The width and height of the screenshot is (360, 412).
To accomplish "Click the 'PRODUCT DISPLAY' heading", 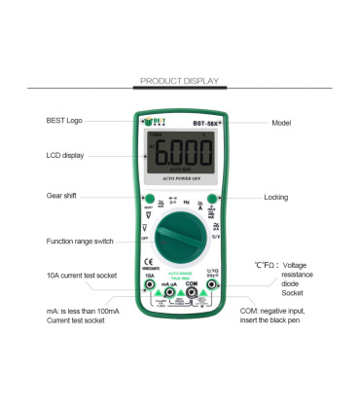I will coord(180,81).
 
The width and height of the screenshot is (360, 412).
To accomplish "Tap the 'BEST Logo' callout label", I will coord(64,120).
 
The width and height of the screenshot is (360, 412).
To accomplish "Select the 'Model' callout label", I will coord(281,123).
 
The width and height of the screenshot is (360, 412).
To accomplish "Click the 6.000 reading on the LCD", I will coord(181,156).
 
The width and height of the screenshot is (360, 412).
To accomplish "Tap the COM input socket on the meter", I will coord(191,289).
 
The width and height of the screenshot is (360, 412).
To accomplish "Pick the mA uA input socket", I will coord(170,289).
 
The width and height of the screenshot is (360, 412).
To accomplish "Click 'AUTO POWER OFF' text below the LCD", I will coord(181,179).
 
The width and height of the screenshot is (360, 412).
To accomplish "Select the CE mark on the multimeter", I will coord(148,261).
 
